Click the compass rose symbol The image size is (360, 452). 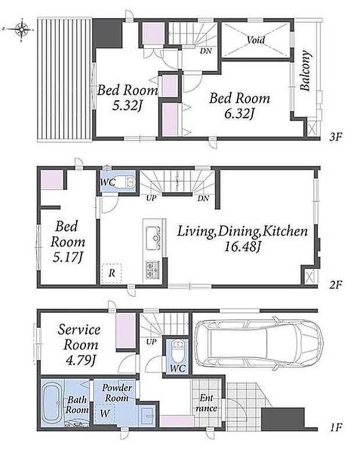coord(22,29)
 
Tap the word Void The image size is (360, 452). coord(255,40)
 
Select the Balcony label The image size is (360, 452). coord(305,71)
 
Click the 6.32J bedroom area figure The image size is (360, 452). coord(239,114)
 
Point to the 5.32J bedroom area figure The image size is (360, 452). coord(127,106)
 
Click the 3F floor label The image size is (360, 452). coord(336,137)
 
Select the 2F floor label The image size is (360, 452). coord(336,285)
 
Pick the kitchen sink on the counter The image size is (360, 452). coord(153,238)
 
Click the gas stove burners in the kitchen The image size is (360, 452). coord(153,270)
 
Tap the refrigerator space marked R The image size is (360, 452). coord(111,273)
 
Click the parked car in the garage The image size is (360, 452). coord(258,343)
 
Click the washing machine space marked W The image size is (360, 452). coord(105,414)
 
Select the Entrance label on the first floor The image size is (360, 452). coord(207,403)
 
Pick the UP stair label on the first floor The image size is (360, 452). coord(151,342)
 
